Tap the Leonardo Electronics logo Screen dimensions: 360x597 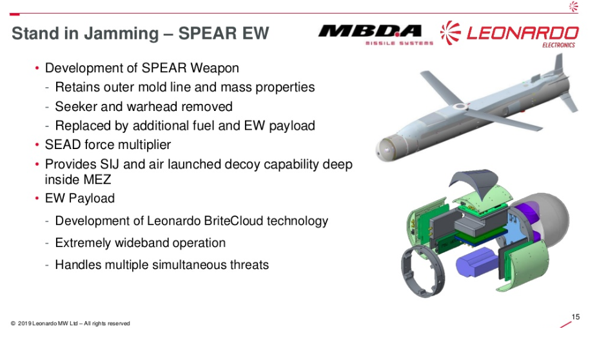(509, 34)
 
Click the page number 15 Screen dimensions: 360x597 (576, 316)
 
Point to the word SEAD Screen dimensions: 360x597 (63, 145)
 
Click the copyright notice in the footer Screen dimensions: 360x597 (70, 323)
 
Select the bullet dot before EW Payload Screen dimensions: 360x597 (37, 199)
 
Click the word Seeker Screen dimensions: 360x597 (75, 106)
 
